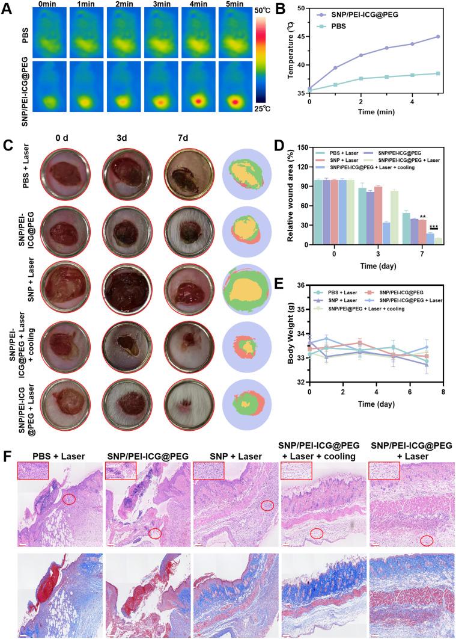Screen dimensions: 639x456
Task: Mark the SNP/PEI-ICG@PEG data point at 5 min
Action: pos(438,37)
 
